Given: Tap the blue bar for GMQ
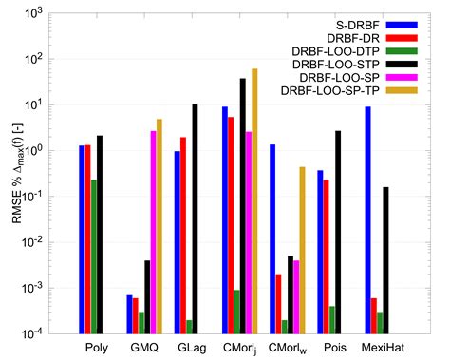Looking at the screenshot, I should click(129, 313).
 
